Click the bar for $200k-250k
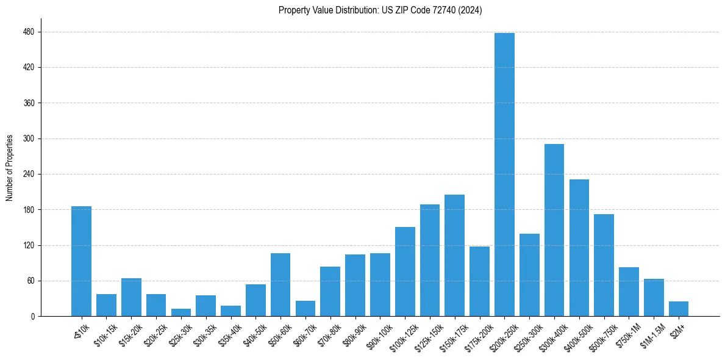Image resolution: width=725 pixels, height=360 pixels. [x=504, y=175]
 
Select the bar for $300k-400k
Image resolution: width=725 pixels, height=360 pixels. [x=554, y=230]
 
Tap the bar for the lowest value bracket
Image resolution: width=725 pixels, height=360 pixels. [x=81, y=261]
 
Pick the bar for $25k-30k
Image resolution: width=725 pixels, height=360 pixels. [x=181, y=312]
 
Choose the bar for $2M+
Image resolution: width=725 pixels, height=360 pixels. [x=679, y=309]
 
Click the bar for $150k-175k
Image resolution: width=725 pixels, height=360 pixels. [x=454, y=255]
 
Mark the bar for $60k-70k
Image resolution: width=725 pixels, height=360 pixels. [x=305, y=308]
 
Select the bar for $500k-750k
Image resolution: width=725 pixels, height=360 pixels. [x=604, y=265]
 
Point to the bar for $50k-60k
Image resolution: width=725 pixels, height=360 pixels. [x=280, y=284]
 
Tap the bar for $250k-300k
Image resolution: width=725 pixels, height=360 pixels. [x=529, y=275]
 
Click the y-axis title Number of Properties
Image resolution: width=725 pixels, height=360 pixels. [x=9, y=167]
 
